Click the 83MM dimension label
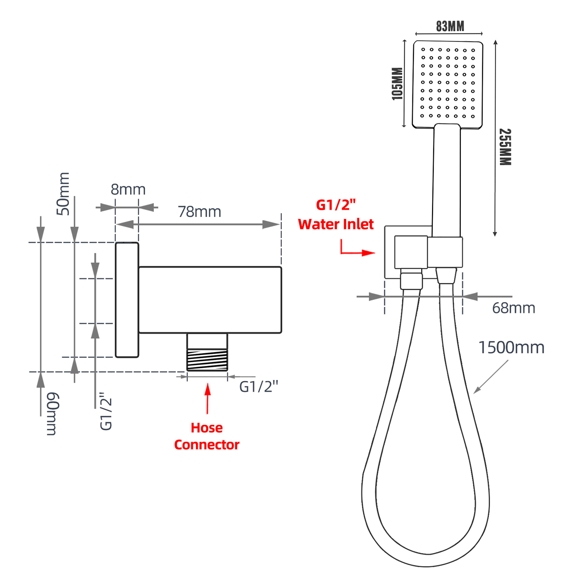pyautogui.click(x=450, y=26)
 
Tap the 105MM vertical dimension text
pyautogui.click(x=397, y=84)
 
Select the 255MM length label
pyautogui.click(x=505, y=147)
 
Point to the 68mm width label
pyautogui.click(x=514, y=308)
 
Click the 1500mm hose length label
pyautogui.click(x=511, y=348)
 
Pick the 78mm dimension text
pyautogui.click(x=199, y=212)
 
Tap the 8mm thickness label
pyautogui.click(x=128, y=189)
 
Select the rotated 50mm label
pyautogui.click(x=63, y=194)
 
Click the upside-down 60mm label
pyautogui.click(x=52, y=414)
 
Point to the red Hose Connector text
pyautogui.click(x=207, y=436)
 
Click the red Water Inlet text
pyautogui.click(x=336, y=224)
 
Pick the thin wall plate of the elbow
pyautogui.click(x=127, y=300)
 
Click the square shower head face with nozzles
pyautogui.click(x=448, y=84)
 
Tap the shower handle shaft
pyautogui.click(x=447, y=180)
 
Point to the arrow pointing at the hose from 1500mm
pyautogui.click(x=491, y=377)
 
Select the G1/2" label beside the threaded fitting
pyautogui.click(x=258, y=386)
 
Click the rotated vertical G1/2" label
pyautogui.click(x=106, y=411)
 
